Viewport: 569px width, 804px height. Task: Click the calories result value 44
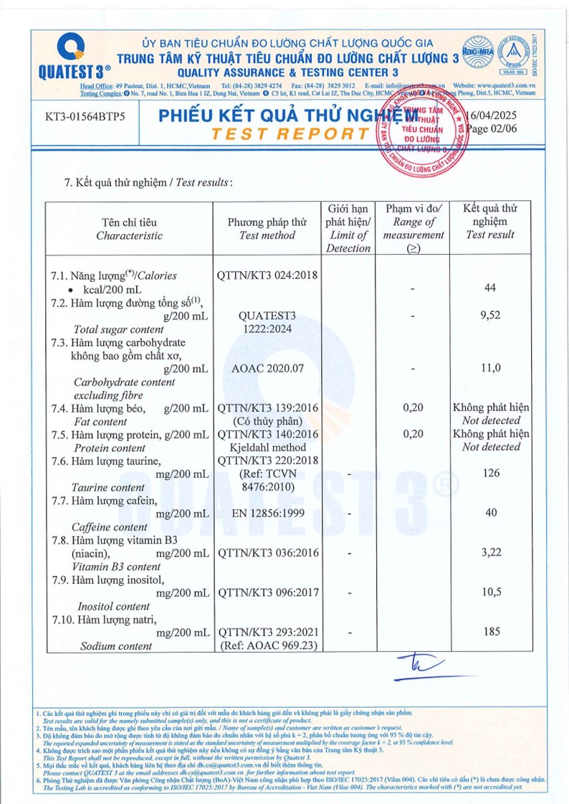(x=490, y=288)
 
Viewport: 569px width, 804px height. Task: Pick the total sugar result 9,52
(x=490, y=315)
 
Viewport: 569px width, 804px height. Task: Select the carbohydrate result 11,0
(x=490, y=368)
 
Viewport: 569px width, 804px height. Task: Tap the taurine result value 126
(x=490, y=473)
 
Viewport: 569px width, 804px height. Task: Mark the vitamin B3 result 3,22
(x=490, y=553)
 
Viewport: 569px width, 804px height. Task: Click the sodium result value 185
(x=490, y=632)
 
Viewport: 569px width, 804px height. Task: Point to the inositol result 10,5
(x=490, y=592)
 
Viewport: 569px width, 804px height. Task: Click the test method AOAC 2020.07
(x=267, y=368)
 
